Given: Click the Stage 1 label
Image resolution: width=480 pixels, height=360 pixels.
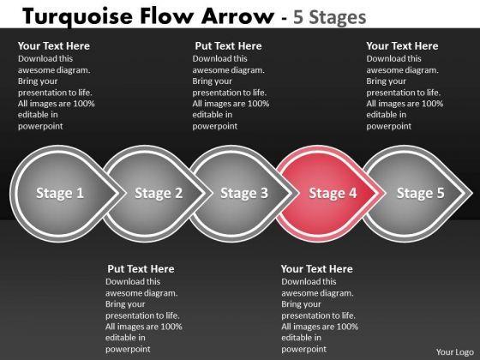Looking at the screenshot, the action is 60,193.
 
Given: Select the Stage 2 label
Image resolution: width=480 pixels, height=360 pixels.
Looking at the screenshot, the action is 159,193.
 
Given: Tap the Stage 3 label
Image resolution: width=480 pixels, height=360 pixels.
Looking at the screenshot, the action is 244,193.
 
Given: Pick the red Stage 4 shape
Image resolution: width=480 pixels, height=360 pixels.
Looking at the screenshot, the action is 330,194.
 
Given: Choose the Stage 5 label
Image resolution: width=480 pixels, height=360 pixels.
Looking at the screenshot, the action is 420,193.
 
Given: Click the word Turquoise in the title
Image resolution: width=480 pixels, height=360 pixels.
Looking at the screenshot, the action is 77,17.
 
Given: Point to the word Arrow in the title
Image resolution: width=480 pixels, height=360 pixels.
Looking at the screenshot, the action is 238,16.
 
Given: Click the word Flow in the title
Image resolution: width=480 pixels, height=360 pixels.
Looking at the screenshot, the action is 166,16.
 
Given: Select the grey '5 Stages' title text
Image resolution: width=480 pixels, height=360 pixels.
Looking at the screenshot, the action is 329,17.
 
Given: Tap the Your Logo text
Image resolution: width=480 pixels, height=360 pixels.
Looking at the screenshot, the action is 455,352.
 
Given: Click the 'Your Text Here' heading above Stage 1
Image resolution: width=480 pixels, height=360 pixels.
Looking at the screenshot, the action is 53,46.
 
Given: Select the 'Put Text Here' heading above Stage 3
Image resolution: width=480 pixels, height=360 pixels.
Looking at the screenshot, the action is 228,46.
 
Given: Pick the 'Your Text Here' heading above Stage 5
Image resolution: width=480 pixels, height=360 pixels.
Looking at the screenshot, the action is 402,46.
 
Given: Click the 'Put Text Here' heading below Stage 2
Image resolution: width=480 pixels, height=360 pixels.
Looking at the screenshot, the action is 141,269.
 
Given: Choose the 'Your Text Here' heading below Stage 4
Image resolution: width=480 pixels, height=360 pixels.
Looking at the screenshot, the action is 317,269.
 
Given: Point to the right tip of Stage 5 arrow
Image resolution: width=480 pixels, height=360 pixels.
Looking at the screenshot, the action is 472,193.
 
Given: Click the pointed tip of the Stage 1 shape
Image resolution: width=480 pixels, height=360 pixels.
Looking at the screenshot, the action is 125,193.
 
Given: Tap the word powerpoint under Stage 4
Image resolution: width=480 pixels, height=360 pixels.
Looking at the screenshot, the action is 304,350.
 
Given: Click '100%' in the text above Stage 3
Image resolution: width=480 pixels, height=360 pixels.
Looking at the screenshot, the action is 258,104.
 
